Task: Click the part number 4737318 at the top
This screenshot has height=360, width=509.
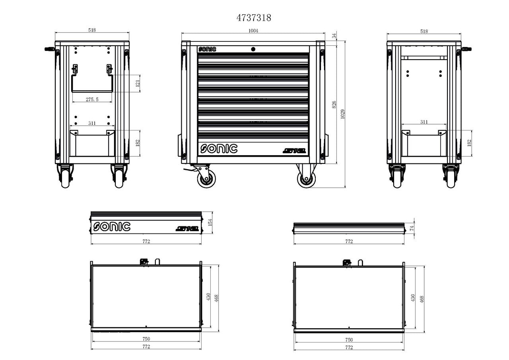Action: pos(254,18)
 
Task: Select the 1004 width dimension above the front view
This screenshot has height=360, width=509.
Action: pos(253,31)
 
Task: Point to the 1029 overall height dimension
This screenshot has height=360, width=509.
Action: pos(342,114)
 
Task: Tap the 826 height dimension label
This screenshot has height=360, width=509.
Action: pos(334,104)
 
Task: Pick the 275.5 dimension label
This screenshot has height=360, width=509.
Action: pos(92,99)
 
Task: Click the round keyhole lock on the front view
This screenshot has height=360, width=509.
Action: pos(253,49)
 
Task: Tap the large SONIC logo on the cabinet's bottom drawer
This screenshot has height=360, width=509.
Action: pos(219,148)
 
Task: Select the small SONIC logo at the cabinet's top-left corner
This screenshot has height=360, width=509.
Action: pos(207,49)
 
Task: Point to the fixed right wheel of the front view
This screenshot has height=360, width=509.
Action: pos(306,179)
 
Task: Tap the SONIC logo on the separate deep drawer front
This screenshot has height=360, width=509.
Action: pos(112,227)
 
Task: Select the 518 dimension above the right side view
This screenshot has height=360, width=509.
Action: pos(424,31)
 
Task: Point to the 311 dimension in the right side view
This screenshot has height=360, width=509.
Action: pos(424,122)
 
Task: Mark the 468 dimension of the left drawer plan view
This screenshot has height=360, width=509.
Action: pos(217,298)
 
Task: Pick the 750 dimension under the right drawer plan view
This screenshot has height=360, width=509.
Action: pos(349,340)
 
